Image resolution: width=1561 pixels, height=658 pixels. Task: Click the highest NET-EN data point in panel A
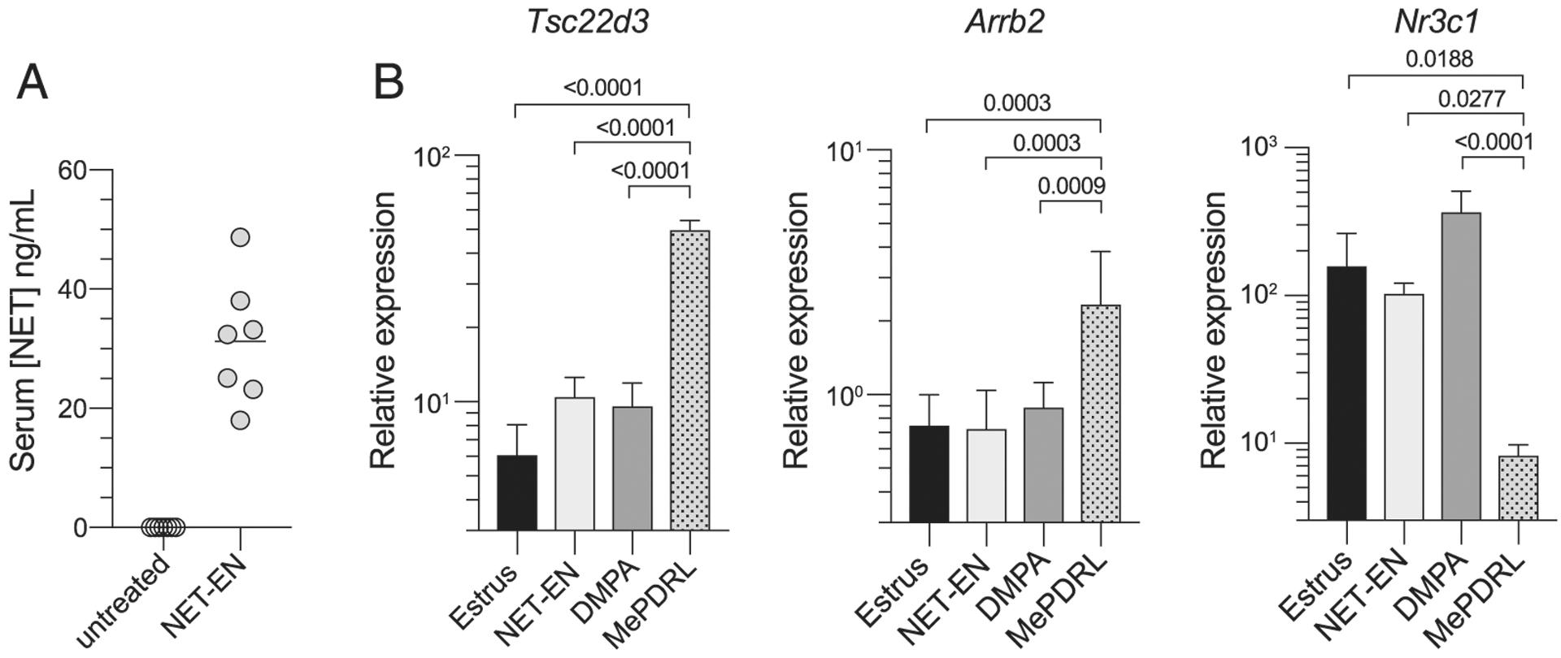point(240,237)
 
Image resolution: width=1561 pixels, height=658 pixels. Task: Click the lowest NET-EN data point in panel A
point(240,420)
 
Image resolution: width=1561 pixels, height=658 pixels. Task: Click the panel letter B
point(388,84)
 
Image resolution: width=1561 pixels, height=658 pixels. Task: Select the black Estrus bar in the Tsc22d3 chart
point(517,492)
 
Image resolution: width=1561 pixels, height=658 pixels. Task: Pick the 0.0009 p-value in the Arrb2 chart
point(1072,186)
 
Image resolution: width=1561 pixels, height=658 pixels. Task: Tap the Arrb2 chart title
point(1004,22)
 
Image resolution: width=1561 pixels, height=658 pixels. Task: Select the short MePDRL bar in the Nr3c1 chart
point(1518,487)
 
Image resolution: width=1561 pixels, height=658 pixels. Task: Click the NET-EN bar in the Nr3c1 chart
point(1404,406)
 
